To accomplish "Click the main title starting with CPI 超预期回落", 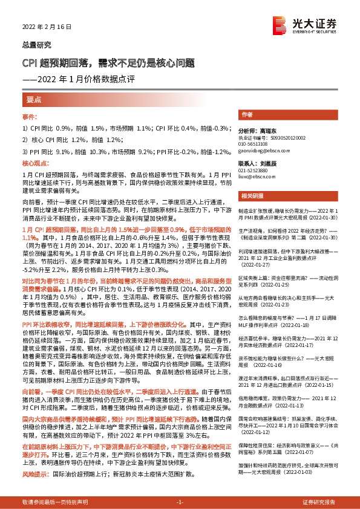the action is tap(108, 63).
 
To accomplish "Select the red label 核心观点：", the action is tap(34, 164).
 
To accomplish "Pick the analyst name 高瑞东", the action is tap(267, 131).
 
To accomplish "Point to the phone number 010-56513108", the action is tap(255, 143).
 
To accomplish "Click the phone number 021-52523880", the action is tap(255, 170).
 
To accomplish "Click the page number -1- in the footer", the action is tap(180, 502).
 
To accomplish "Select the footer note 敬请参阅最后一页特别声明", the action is tap(54, 502).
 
